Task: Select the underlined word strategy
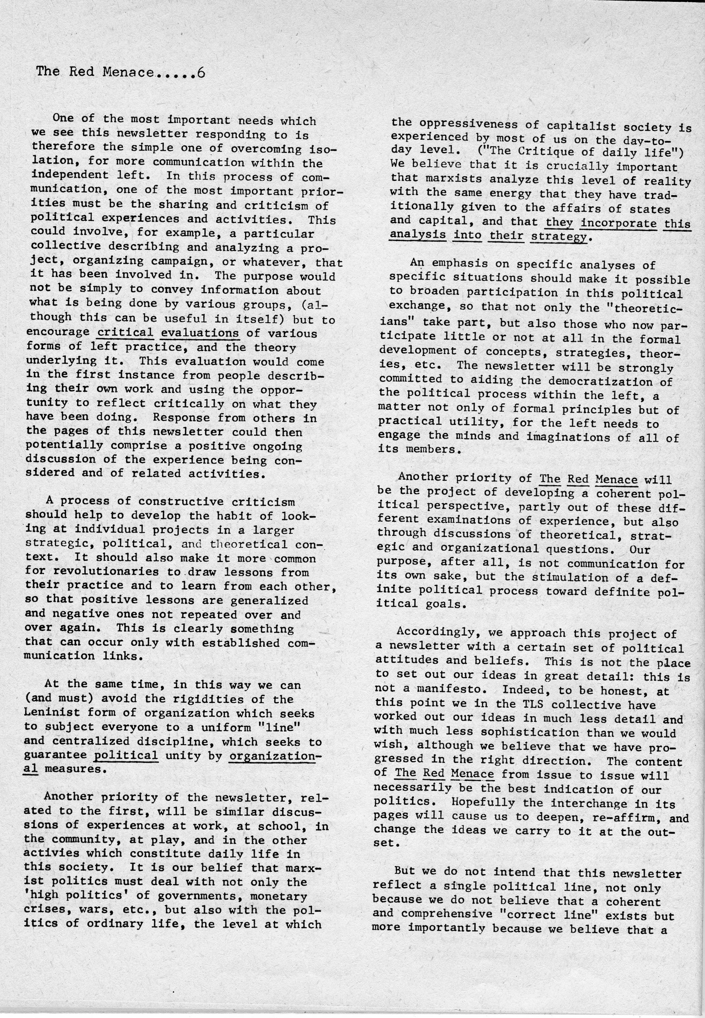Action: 559,237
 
